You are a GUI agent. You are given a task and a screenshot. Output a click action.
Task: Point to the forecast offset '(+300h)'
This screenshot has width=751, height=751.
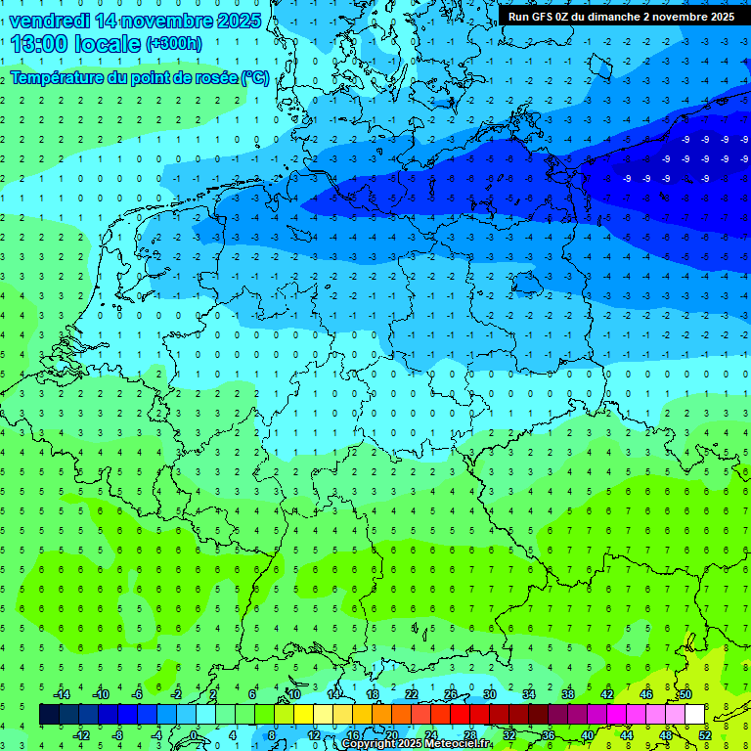click(x=175, y=44)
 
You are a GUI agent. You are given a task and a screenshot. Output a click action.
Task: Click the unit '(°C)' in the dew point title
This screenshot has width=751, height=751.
click(x=256, y=77)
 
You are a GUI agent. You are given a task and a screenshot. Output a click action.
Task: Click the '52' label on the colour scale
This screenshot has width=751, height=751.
click(x=705, y=735)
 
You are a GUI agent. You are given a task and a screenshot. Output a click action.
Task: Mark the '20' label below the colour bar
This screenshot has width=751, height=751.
click(x=392, y=735)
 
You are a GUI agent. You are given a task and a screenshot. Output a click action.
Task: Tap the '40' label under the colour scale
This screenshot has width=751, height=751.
click(x=588, y=735)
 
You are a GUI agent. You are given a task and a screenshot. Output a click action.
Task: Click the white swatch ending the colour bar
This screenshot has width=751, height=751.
click(x=694, y=715)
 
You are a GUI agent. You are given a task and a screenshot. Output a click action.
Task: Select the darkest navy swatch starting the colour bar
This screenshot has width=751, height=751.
click(x=49, y=715)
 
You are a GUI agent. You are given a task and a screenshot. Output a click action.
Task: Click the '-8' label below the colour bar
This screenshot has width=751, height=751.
click(x=118, y=735)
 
